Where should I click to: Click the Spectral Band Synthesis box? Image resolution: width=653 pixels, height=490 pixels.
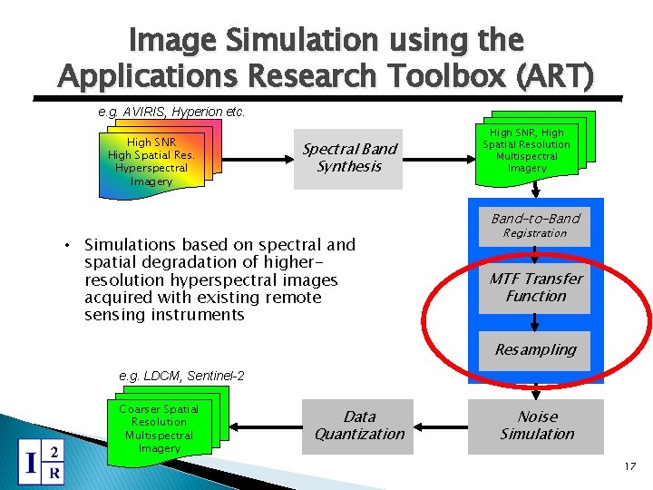[349, 158]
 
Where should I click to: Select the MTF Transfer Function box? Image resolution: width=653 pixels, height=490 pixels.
[535, 287]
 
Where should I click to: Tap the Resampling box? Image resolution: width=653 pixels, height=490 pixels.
[535, 349]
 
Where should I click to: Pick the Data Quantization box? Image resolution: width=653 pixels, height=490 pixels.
[360, 426]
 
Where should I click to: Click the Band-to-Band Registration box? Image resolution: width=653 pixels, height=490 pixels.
[535, 225]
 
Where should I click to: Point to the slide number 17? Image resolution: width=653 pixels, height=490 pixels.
[630, 466]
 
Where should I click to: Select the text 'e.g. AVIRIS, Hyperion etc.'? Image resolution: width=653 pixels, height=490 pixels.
[171, 113]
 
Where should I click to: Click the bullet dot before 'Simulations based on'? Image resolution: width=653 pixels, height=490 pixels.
[68, 245]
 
